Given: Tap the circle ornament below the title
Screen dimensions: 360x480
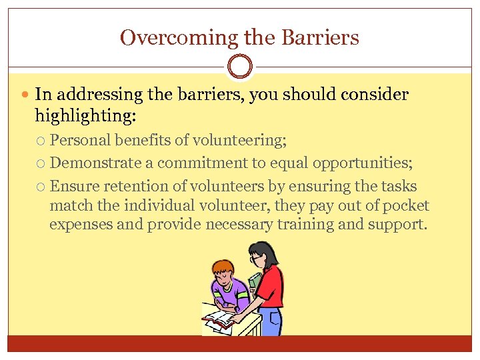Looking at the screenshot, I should pyautogui.click(x=240, y=67).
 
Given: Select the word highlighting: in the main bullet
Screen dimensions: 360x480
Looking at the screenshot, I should pyautogui.click(x=85, y=116).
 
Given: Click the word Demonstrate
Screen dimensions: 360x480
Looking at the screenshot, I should pyautogui.click(x=95, y=163).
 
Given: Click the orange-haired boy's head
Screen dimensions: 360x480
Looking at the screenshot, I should pyautogui.click(x=221, y=273).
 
